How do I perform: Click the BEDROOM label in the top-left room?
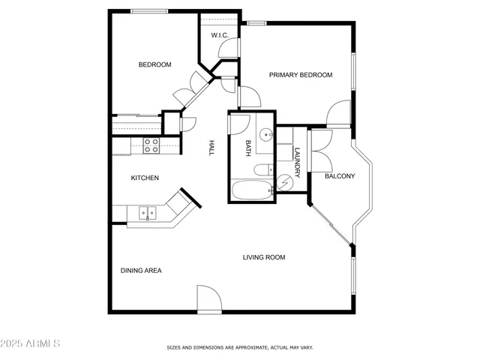pos(154,64)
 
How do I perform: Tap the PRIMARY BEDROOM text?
pos(300,75)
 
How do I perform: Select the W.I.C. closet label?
pos(219,35)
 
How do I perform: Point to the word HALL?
pos(212,148)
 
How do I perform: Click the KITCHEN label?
pos(145,178)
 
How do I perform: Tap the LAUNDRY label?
pos(297,162)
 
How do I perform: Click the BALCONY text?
pos(339,176)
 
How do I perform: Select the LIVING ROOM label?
pos(263,257)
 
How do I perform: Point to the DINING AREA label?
pos(141,270)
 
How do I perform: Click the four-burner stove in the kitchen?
pos(151,145)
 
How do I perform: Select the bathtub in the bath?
pos(250,190)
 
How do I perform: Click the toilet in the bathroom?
pos(262,169)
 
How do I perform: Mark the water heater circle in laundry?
pos(285,182)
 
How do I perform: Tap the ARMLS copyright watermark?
pos(31,343)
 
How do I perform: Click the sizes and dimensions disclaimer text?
pos(239,348)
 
